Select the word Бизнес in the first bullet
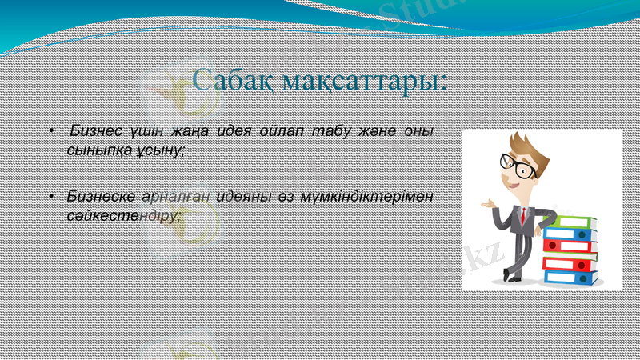(97, 131)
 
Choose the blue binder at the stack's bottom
(570, 278)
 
